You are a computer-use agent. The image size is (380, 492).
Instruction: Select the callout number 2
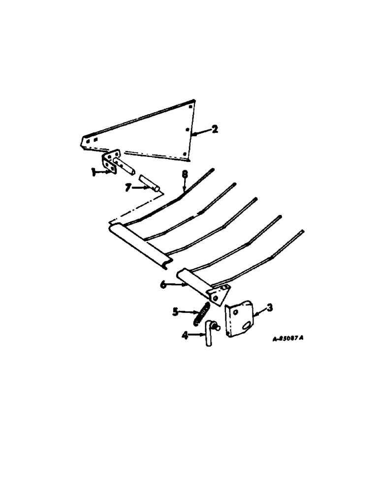pos(215,129)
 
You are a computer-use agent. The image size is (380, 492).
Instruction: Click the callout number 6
pos(162,284)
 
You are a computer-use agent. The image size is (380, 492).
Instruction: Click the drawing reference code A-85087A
pos(287,339)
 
